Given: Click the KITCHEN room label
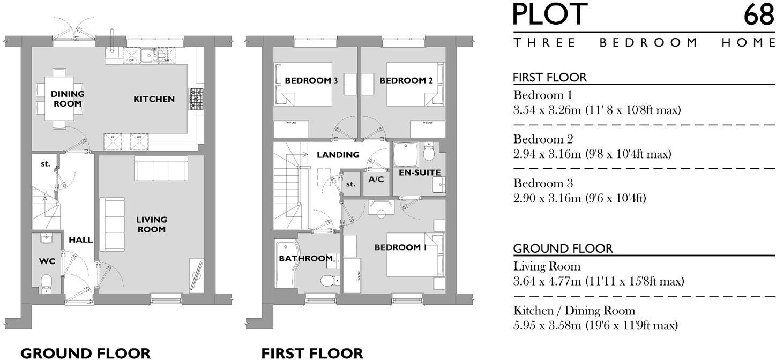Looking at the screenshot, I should [x=154, y=99].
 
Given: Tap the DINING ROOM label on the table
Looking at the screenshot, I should [x=68, y=99].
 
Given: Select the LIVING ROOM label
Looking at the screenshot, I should [x=151, y=224].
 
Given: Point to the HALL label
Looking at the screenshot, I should [x=80, y=239].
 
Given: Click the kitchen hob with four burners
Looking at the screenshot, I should [x=196, y=99].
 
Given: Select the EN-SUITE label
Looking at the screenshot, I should [x=420, y=172].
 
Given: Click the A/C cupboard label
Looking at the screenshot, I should [x=376, y=179].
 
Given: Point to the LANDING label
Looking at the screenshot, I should [x=338, y=155].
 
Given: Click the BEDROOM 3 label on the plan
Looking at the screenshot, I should [x=311, y=81].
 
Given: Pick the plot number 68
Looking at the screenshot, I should [x=758, y=15].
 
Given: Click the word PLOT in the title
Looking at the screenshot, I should [x=550, y=15].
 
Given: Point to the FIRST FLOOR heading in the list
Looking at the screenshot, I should [x=550, y=77].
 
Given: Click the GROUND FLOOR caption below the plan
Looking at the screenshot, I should [x=85, y=353].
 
